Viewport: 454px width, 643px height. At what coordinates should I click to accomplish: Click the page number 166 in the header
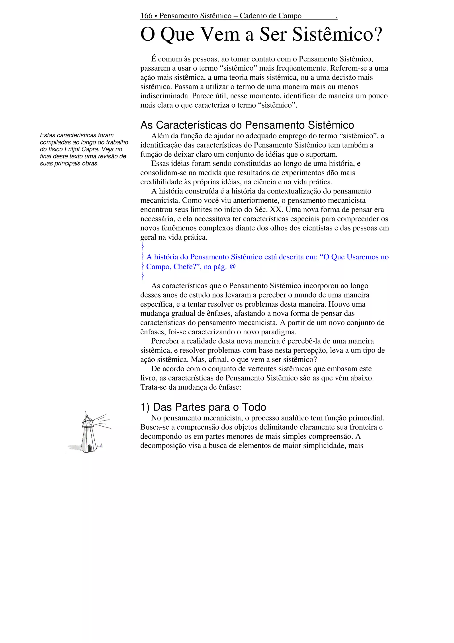click(x=146, y=16)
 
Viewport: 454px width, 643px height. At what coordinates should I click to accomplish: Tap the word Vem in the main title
click(x=220, y=34)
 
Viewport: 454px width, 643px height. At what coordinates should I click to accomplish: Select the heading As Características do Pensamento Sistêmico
click(x=247, y=125)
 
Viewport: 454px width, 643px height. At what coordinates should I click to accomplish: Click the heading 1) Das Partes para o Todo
click(x=203, y=407)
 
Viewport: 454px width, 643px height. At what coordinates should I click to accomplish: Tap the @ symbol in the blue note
click(x=233, y=267)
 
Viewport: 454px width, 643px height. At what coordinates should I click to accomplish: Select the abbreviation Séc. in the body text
click(x=261, y=209)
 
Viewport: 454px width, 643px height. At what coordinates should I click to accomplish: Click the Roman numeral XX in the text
click(x=276, y=209)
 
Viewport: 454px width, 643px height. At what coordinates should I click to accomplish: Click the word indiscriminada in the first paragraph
click(x=165, y=96)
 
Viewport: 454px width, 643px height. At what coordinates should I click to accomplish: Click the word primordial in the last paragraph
click(x=366, y=418)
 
